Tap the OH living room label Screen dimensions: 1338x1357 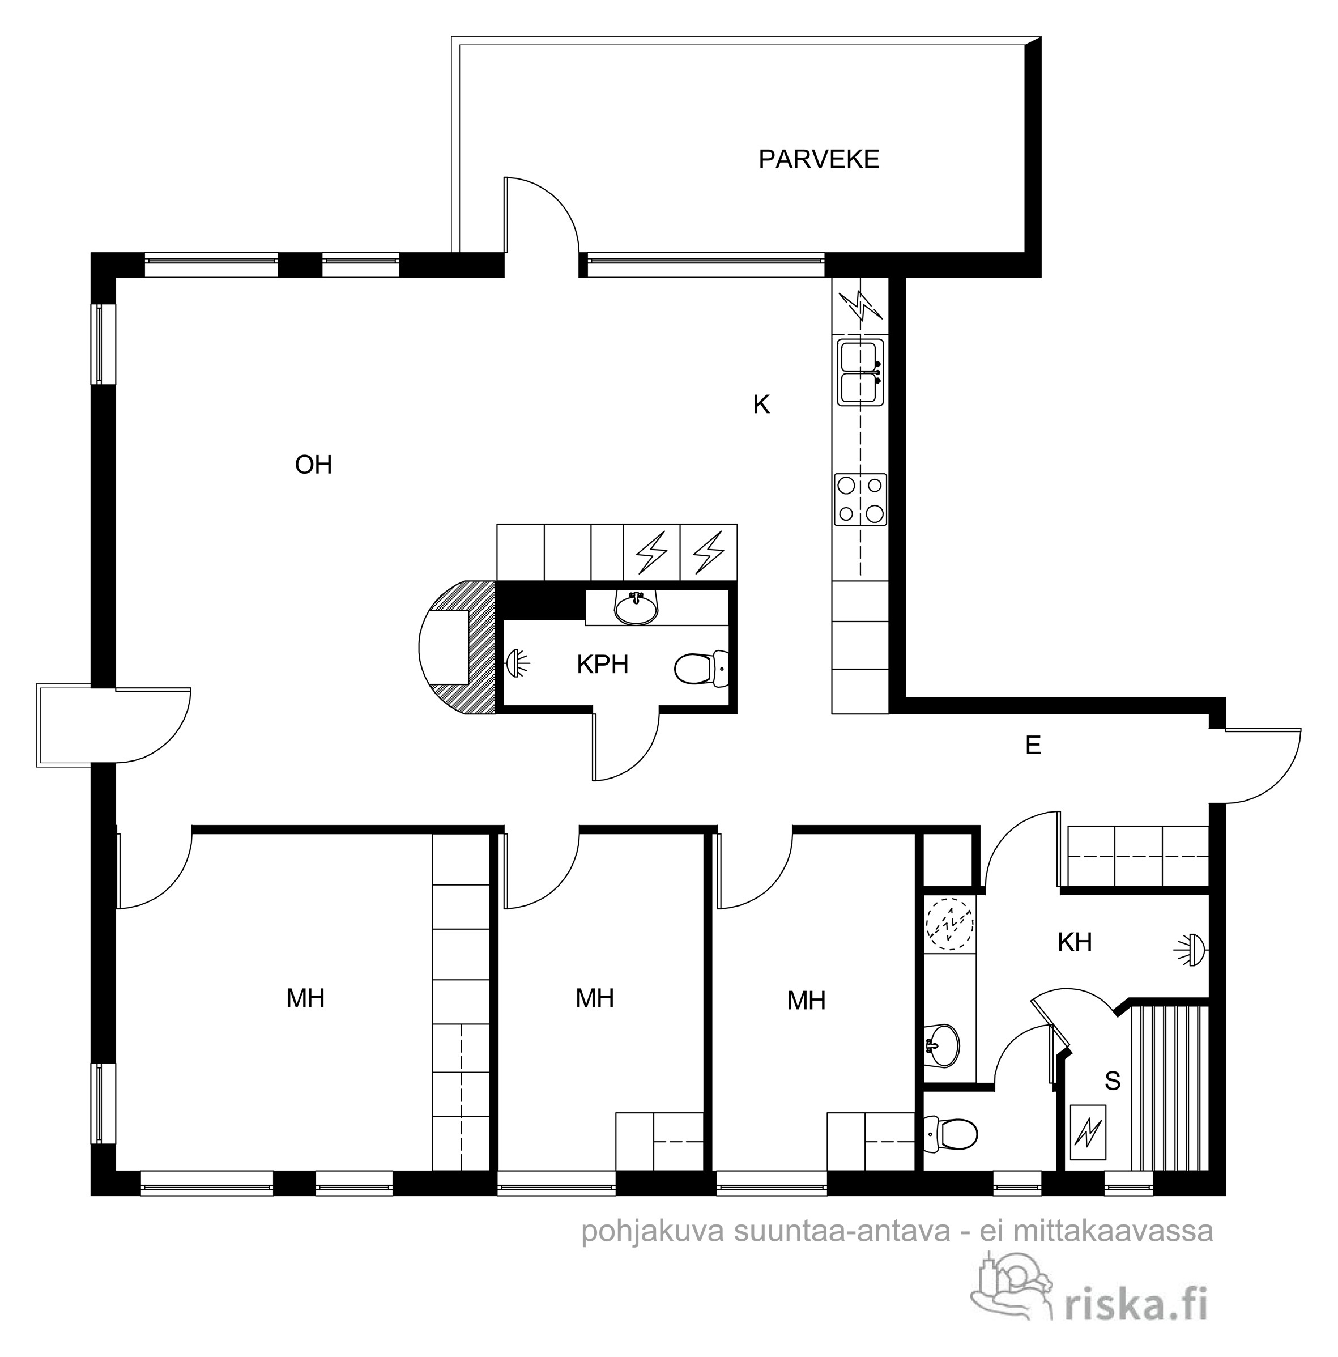pyautogui.click(x=313, y=464)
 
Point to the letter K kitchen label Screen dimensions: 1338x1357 pyautogui.click(x=761, y=405)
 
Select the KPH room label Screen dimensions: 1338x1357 pyautogui.click(x=602, y=663)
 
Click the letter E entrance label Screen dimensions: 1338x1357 pyautogui.click(x=1033, y=745)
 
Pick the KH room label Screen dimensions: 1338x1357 pyautogui.click(x=1075, y=942)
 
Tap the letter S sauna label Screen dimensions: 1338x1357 pyautogui.click(x=1113, y=1081)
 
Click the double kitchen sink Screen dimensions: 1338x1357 pyautogui.click(x=860, y=372)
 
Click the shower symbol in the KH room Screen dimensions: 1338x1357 pyautogui.click(x=1190, y=950)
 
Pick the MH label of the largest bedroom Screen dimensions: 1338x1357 pyautogui.click(x=305, y=998)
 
